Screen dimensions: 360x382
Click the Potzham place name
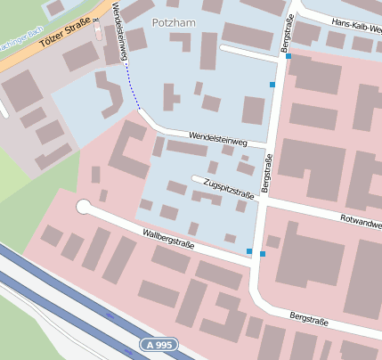(x=174, y=21)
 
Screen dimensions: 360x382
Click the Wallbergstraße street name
(x=169, y=240)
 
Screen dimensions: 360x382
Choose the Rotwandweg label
(x=360, y=219)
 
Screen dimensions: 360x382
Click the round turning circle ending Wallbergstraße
(x=84, y=207)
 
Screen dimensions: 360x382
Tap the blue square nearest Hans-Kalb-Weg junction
(x=288, y=56)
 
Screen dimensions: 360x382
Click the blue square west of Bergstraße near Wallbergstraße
(x=249, y=251)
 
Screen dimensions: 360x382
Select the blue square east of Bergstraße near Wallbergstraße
(x=263, y=254)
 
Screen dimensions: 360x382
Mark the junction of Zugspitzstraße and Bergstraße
(x=264, y=201)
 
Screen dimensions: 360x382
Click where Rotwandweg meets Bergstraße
(x=266, y=201)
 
